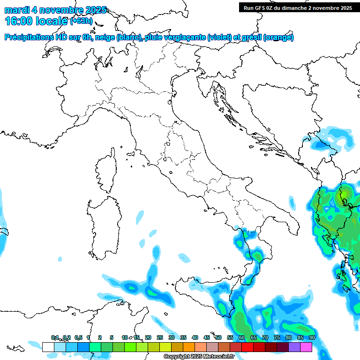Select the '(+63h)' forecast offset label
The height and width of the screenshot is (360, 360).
tap(82, 21)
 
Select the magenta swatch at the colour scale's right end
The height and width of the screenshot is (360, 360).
tap(306, 347)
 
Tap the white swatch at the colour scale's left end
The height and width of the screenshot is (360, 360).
tap(48, 347)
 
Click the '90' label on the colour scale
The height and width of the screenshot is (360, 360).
tap(312, 337)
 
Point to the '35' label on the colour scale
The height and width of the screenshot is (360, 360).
tap(183, 337)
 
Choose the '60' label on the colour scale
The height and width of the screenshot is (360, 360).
tap(242, 337)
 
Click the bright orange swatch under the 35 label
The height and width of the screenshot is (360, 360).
tap(189, 347)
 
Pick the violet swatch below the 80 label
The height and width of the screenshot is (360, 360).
tap(294, 347)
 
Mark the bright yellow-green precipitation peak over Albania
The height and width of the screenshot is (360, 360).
tap(345, 193)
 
